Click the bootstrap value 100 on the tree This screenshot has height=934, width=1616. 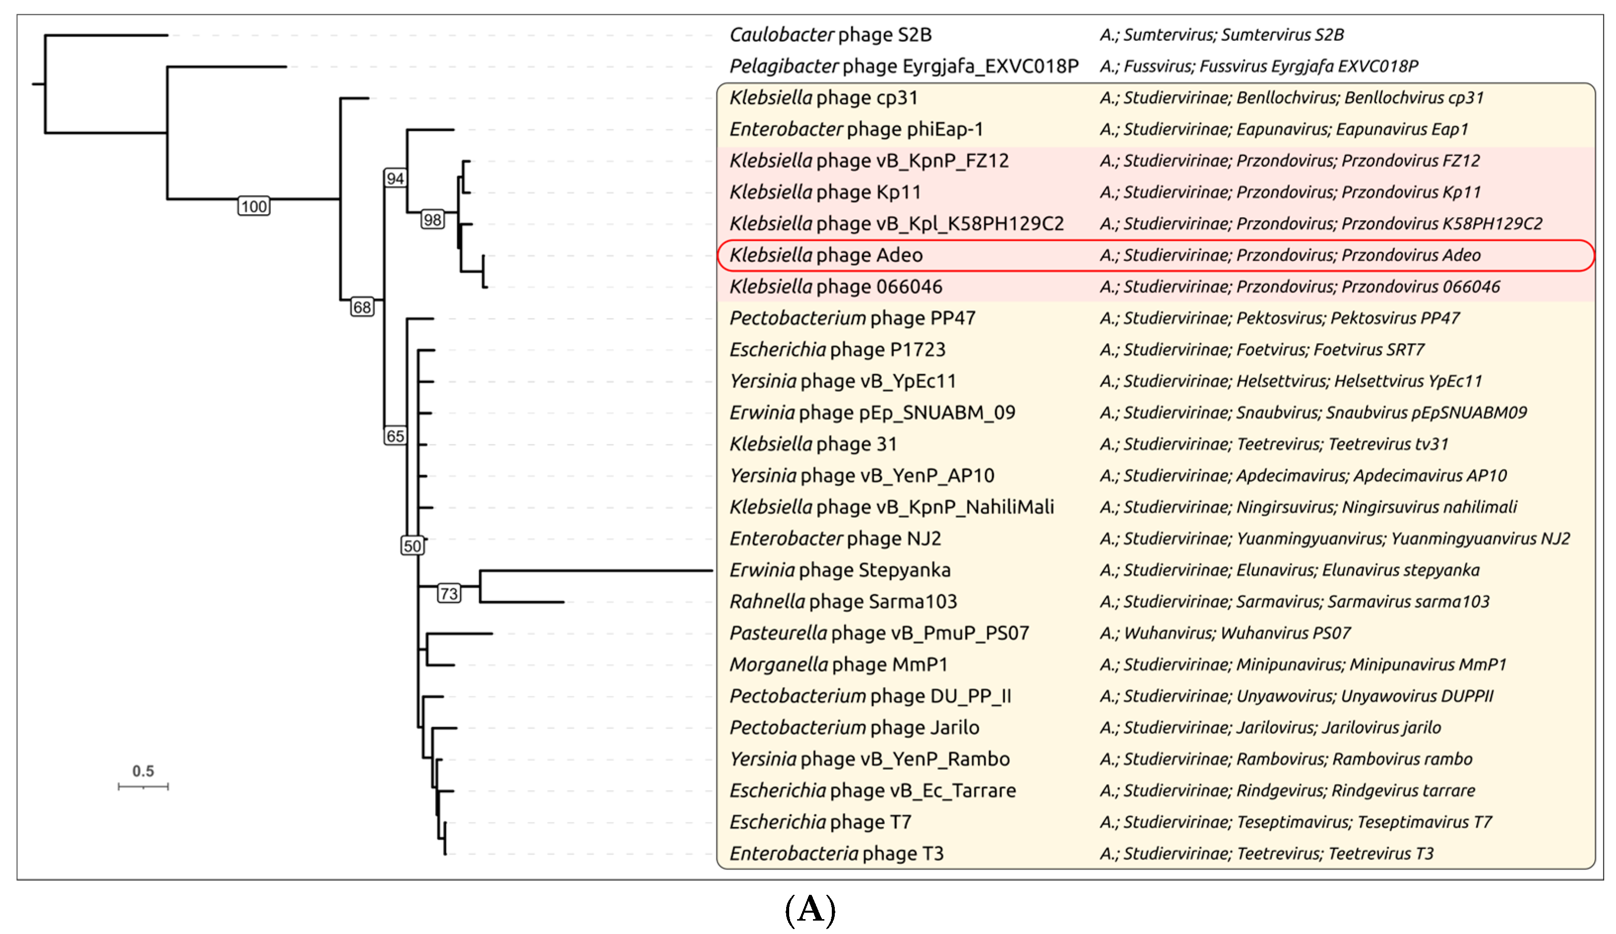pyautogui.click(x=253, y=206)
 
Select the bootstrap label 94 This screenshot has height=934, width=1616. pyautogui.click(x=395, y=178)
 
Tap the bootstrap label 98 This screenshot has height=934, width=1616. pyautogui.click(x=432, y=220)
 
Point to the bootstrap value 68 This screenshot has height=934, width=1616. pyautogui.click(x=362, y=307)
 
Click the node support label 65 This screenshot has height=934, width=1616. pyautogui.click(x=395, y=437)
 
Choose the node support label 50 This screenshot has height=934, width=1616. pyautogui.click(x=412, y=546)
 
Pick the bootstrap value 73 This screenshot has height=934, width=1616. pyautogui.click(x=449, y=593)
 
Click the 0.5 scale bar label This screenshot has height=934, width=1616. pyautogui.click(x=143, y=771)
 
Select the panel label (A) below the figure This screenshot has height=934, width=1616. pyautogui.click(x=810, y=910)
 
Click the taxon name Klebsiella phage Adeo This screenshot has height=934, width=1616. pyautogui.click(x=826, y=255)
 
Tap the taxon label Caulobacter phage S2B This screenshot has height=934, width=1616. pyautogui.click(x=830, y=35)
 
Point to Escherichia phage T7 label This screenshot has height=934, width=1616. pyautogui.click(x=820, y=822)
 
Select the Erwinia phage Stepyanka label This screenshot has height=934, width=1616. pyautogui.click(x=840, y=570)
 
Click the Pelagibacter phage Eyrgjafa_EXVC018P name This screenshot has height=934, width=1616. pyautogui.click(x=904, y=66)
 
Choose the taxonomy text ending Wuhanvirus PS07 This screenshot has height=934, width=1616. pyautogui.click(x=1225, y=634)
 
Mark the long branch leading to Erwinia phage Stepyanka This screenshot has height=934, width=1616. pyautogui.click(x=596, y=570)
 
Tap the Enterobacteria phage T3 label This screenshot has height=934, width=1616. pyautogui.click(x=836, y=853)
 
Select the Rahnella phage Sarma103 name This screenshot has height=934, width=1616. pyautogui.click(x=843, y=601)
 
